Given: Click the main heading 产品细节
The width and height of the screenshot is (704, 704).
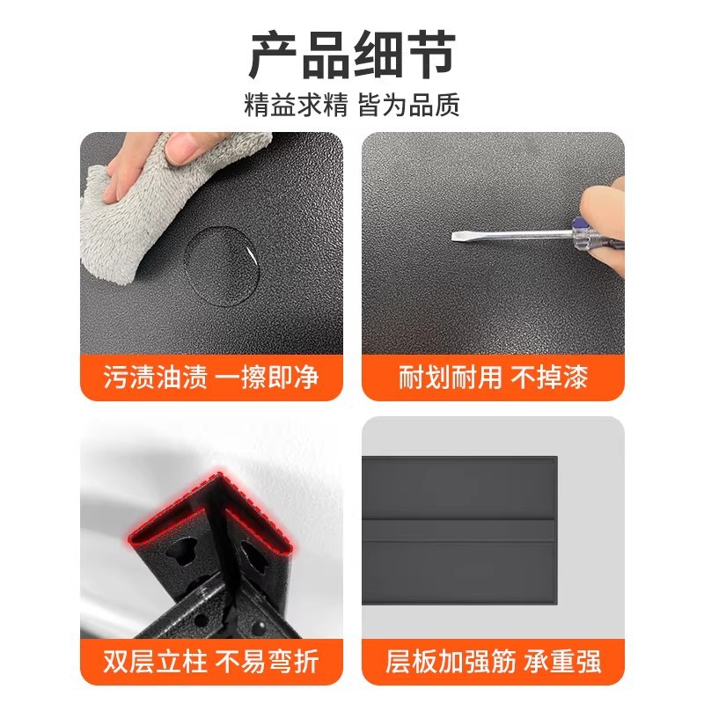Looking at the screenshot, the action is click(353, 55).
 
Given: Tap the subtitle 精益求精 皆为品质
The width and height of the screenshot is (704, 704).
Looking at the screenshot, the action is click(353, 105).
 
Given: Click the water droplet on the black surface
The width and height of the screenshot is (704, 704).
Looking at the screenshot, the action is click(223, 267).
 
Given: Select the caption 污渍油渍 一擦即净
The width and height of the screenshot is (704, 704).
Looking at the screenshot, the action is click(211, 377).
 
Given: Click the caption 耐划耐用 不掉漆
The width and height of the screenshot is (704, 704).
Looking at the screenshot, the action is click(493, 377).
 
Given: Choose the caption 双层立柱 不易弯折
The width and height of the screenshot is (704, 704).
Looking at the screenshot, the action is click(211, 662).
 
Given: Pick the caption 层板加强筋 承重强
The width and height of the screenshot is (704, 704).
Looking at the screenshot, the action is click(493, 662).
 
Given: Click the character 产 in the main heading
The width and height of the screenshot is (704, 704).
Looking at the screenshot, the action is click(274, 55).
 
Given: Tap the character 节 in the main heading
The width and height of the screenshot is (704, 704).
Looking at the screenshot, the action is click(431, 55).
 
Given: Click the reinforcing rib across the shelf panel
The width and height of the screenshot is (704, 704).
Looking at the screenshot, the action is click(458, 530).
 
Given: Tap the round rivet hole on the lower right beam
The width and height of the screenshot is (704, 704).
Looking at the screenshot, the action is click(258, 625).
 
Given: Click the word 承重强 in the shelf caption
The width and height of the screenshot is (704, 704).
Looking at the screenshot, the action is click(562, 662).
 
